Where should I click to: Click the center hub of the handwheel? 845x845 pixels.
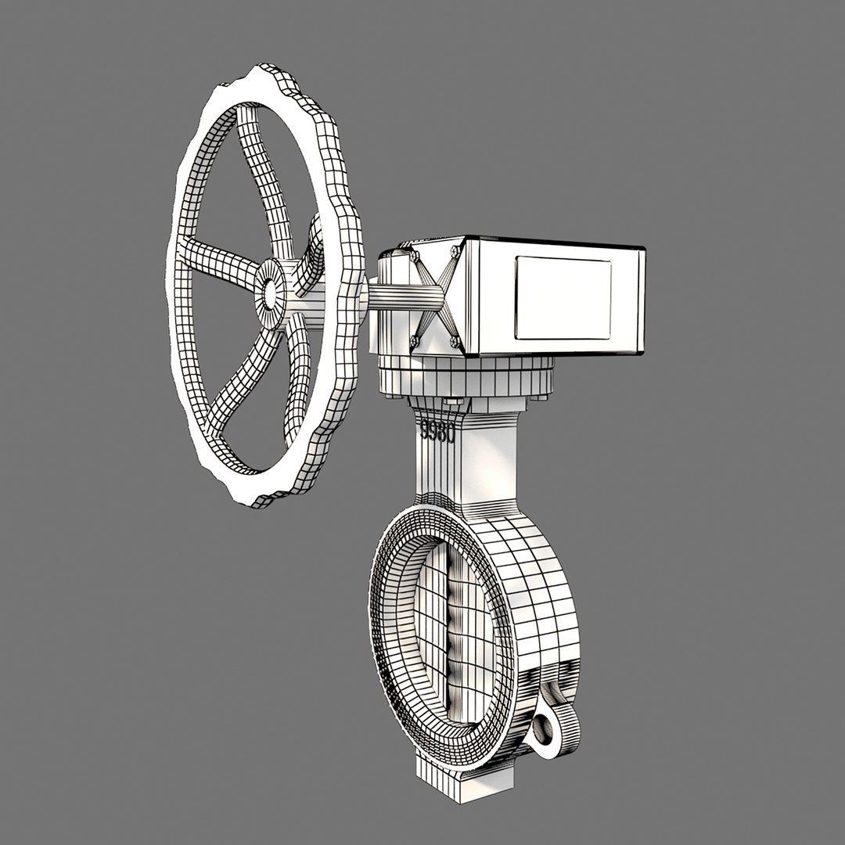click(271, 293)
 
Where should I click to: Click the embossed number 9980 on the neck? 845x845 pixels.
click(437, 431)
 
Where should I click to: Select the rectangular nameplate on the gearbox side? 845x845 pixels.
click(563, 298)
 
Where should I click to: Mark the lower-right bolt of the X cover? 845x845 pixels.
click(455, 342)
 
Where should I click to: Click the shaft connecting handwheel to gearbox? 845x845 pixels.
click(403, 298)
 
